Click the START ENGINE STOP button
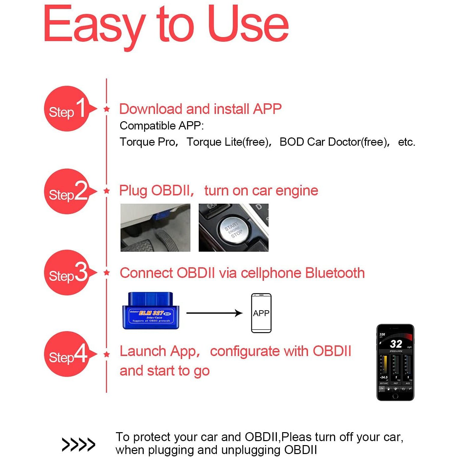coord(233,228)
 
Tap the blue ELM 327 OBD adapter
coord(151,311)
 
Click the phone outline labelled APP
coord(261,313)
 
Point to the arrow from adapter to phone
coord(214,313)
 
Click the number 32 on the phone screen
coord(396,344)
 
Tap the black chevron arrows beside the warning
coord(78,444)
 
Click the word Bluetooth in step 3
coord(335,273)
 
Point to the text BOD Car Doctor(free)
coord(334,142)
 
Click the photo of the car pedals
coord(155,228)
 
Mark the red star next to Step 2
coord(107,191)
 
